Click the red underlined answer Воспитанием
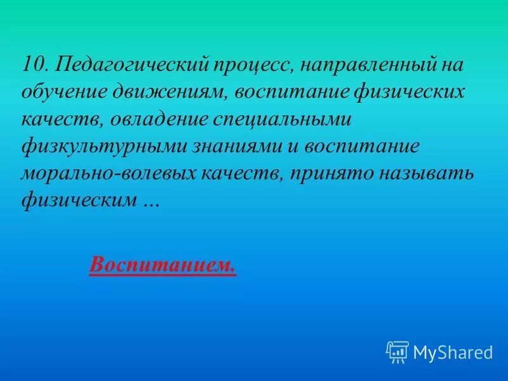[x=163, y=264]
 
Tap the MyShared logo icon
[x=397, y=351]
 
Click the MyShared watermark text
[x=453, y=351]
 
